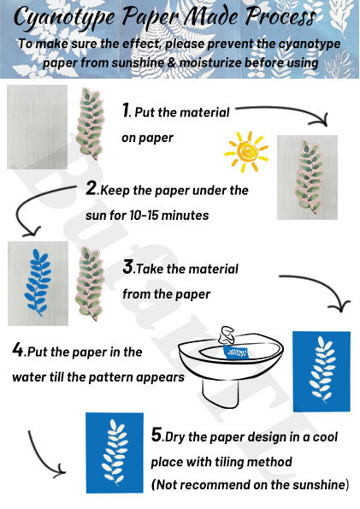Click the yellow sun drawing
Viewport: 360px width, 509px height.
tap(246, 151)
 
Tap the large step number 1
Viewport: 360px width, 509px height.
tap(126, 109)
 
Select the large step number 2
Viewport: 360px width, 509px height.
tap(91, 188)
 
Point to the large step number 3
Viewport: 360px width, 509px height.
tap(128, 267)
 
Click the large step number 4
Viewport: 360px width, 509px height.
tap(18, 350)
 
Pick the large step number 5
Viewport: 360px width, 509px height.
tap(156, 435)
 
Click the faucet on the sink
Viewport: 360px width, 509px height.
tap(227, 335)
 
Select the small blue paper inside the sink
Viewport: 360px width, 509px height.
tap(236, 352)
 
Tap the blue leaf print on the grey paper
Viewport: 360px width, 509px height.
tap(38, 281)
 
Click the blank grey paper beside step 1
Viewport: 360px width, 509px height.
tap(37, 127)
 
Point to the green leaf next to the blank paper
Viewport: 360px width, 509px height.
tap(90, 124)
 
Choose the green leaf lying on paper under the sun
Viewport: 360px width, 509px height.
tap(308, 177)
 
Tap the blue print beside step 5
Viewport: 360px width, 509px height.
tap(115, 453)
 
